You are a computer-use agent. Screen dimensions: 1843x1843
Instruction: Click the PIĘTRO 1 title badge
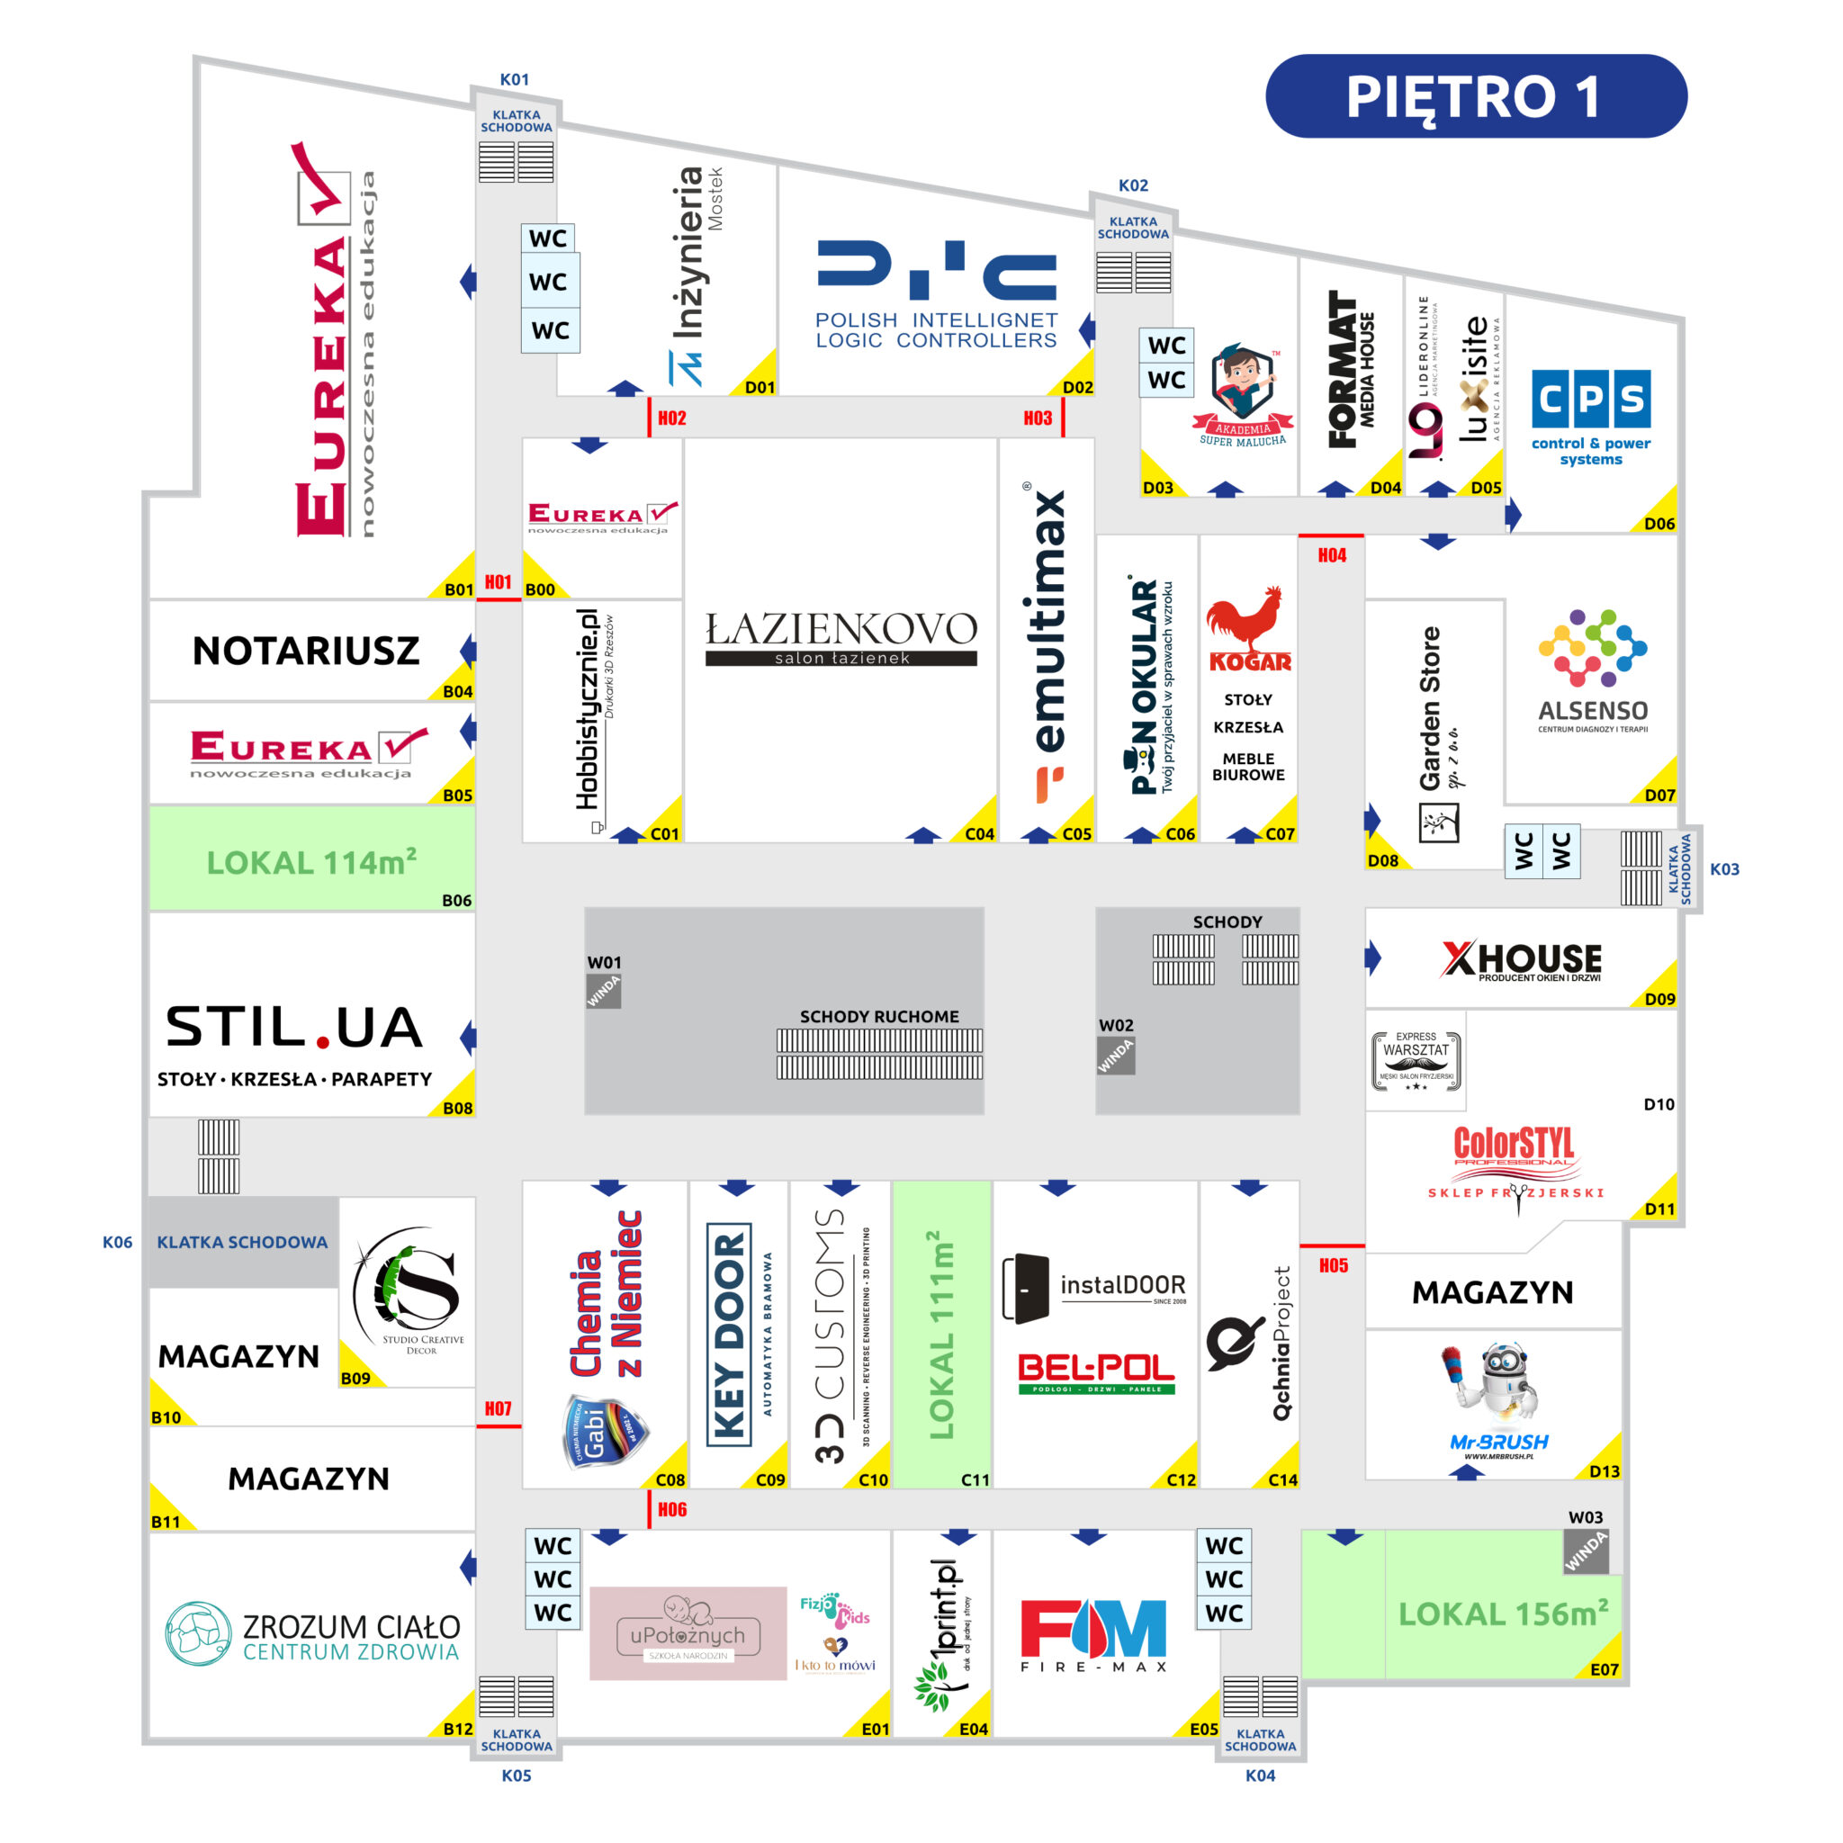1475,96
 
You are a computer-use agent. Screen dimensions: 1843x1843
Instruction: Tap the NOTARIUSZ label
305,651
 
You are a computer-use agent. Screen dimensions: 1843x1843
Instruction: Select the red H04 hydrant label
1332,555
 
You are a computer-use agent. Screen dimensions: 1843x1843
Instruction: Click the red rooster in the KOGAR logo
1245,617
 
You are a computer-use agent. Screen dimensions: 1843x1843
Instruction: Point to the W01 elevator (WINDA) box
603,991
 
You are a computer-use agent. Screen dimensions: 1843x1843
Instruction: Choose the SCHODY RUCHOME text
878,1016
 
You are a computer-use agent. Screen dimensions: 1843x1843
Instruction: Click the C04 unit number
979,833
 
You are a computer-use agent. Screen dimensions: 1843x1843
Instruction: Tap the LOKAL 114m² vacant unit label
311,861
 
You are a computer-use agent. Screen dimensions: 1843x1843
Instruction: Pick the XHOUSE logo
1522,959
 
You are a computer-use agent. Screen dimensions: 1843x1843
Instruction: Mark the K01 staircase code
514,79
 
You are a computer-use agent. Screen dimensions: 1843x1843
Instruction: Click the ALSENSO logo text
1592,711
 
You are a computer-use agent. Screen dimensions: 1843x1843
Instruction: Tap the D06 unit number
1659,523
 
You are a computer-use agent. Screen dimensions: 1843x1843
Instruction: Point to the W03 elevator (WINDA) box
1586,1552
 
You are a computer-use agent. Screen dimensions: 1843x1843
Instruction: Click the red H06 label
671,1509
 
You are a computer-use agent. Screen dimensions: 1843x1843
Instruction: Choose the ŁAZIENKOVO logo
841,637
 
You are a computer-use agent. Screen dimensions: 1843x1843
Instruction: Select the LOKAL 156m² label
1504,1614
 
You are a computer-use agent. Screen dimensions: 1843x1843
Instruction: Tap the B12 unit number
457,1729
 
